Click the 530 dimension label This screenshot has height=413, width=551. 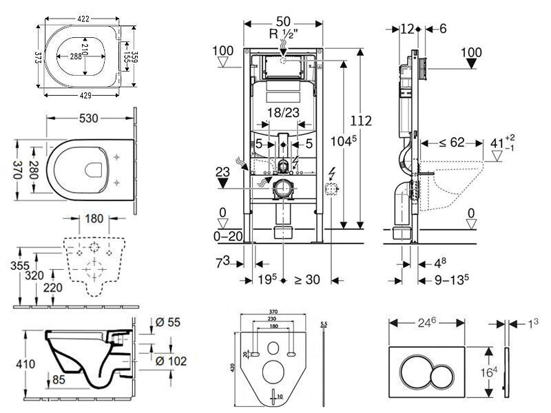pos(88,118)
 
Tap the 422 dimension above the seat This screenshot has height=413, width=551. pos(83,19)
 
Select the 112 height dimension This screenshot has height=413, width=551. pos(361,121)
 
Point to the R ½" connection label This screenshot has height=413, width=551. pos(284,34)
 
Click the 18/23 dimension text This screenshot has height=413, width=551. pos(283,112)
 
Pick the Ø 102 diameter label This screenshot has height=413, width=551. pos(171,361)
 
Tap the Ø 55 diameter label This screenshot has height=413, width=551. pos(167,322)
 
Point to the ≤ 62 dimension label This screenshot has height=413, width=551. pos(452,142)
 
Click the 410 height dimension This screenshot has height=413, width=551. pos(25,364)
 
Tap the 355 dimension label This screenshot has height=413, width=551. pos(20,265)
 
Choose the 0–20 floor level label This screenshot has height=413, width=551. pos(228,236)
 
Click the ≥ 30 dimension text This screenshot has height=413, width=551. pos(307,280)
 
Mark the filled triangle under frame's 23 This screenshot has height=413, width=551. pos(222,182)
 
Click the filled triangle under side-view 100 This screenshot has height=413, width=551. pos(471,63)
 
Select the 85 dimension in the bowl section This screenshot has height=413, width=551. pos(59,379)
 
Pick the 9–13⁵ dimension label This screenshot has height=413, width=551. pos(452,280)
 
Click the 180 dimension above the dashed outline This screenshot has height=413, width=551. pos(94,218)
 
